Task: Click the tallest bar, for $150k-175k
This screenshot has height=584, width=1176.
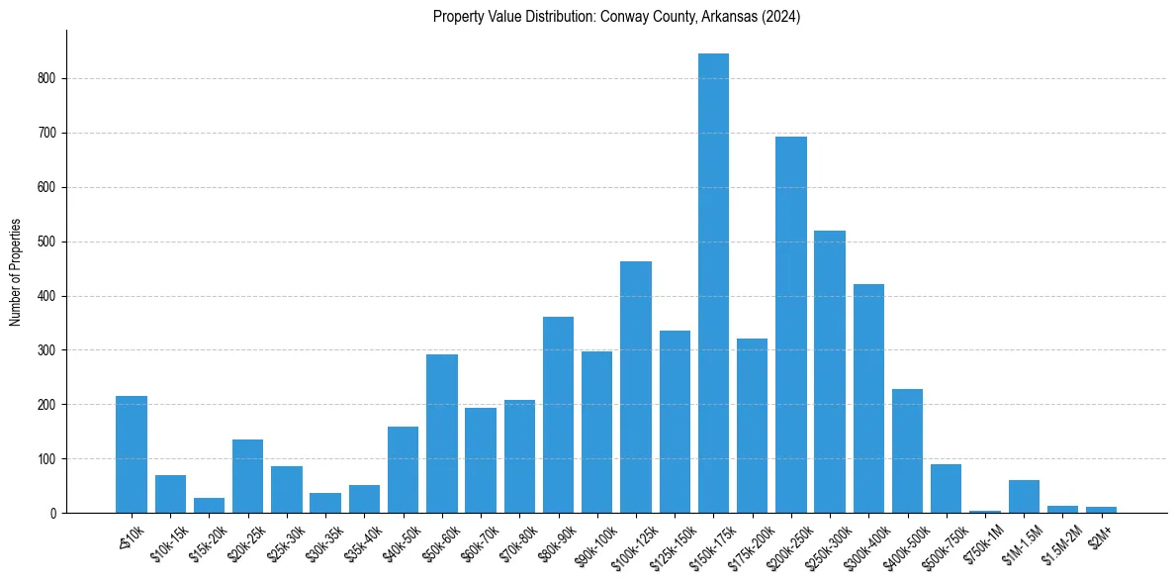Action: click(x=713, y=283)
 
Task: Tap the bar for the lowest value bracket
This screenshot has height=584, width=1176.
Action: click(x=132, y=454)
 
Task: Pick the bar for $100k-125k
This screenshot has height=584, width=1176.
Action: click(x=636, y=387)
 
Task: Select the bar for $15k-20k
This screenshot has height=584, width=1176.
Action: click(x=209, y=506)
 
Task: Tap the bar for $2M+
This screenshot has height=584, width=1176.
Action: click(x=1101, y=510)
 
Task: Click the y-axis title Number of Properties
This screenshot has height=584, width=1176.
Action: click(x=16, y=271)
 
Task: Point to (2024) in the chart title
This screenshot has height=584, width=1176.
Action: click(x=781, y=17)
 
